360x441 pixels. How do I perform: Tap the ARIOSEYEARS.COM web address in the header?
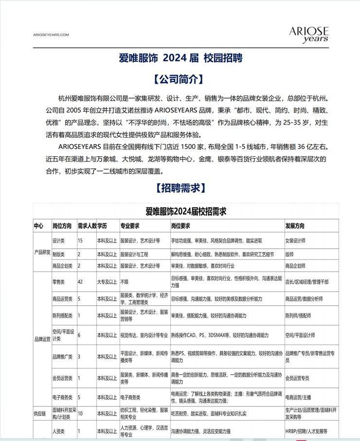[x=51, y=35]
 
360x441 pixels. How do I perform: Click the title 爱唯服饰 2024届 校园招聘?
[x=180, y=58]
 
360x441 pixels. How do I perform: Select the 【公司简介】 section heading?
[x=180, y=79]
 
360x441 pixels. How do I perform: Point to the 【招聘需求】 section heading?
[x=180, y=188]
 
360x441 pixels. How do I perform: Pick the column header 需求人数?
[x=87, y=226]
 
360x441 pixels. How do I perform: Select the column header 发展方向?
[x=295, y=226]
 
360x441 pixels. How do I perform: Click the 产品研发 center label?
[x=42, y=253]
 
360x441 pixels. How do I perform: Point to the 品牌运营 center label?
[x=42, y=338]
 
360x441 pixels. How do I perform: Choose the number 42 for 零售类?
[x=80, y=281]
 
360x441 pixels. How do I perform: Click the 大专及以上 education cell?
[x=107, y=281]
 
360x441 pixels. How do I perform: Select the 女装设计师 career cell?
[x=295, y=240]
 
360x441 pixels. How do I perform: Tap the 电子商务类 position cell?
[x=62, y=397]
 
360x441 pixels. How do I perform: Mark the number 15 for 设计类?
[x=80, y=240]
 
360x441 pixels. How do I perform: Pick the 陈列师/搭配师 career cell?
[x=298, y=315]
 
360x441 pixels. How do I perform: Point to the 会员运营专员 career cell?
[x=297, y=378]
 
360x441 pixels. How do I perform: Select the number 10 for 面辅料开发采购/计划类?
[x=80, y=413]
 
